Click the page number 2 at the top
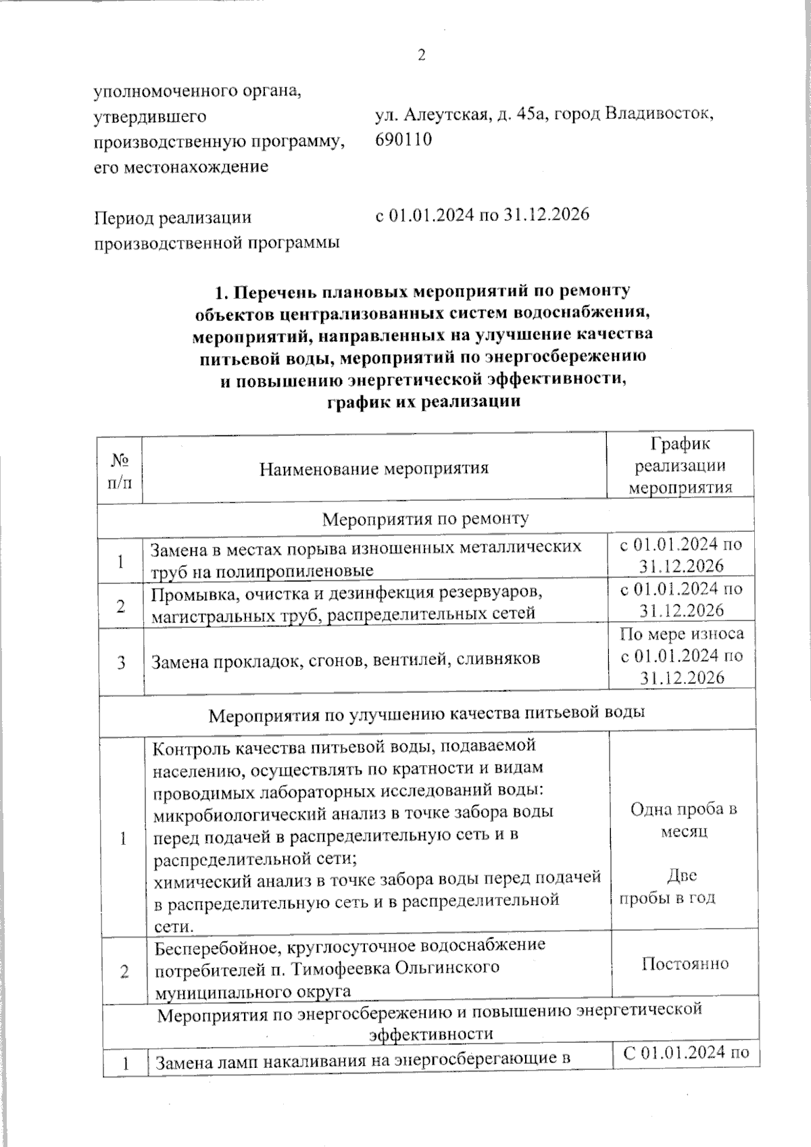click(x=421, y=55)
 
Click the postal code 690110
click(x=404, y=139)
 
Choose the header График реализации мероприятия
click(x=681, y=466)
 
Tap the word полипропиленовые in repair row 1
click(x=295, y=570)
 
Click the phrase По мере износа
click(x=681, y=633)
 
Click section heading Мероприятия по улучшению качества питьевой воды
click(x=426, y=713)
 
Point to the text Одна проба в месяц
click(x=683, y=819)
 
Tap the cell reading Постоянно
click(x=685, y=963)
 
